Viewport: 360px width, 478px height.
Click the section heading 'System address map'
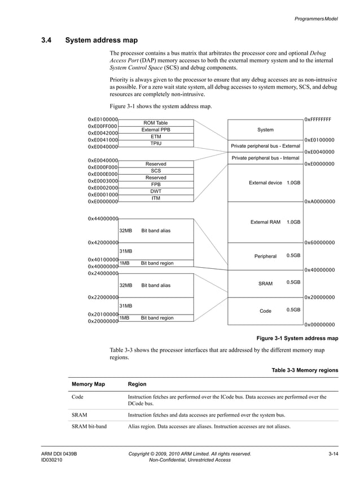click(101, 41)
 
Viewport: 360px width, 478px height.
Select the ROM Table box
click(156, 123)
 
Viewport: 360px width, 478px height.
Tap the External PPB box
click(156, 130)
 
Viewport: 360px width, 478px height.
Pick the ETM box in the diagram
click(156, 136)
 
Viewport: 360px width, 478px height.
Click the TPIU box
click(156, 144)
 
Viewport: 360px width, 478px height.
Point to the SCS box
click(156, 171)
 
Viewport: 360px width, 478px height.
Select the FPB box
click(156, 184)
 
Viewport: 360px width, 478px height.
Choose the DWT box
click(156, 191)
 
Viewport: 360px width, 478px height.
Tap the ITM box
click(156, 198)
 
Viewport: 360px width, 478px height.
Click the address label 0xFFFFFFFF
click(318, 119)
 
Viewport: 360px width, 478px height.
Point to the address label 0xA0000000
click(319, 201)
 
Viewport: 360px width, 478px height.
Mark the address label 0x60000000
click(319, 243)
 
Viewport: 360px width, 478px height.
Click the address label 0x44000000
click(103, 219)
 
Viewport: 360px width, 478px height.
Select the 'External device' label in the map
click(265, 183)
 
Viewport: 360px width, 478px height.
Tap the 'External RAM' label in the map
click(265, 222)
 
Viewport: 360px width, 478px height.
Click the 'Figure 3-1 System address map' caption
click(297, 339)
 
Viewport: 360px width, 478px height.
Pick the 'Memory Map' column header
click(87, 384)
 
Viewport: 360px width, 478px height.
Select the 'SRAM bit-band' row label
click(89, 427)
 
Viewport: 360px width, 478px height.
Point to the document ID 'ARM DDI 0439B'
click(59, 454)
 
